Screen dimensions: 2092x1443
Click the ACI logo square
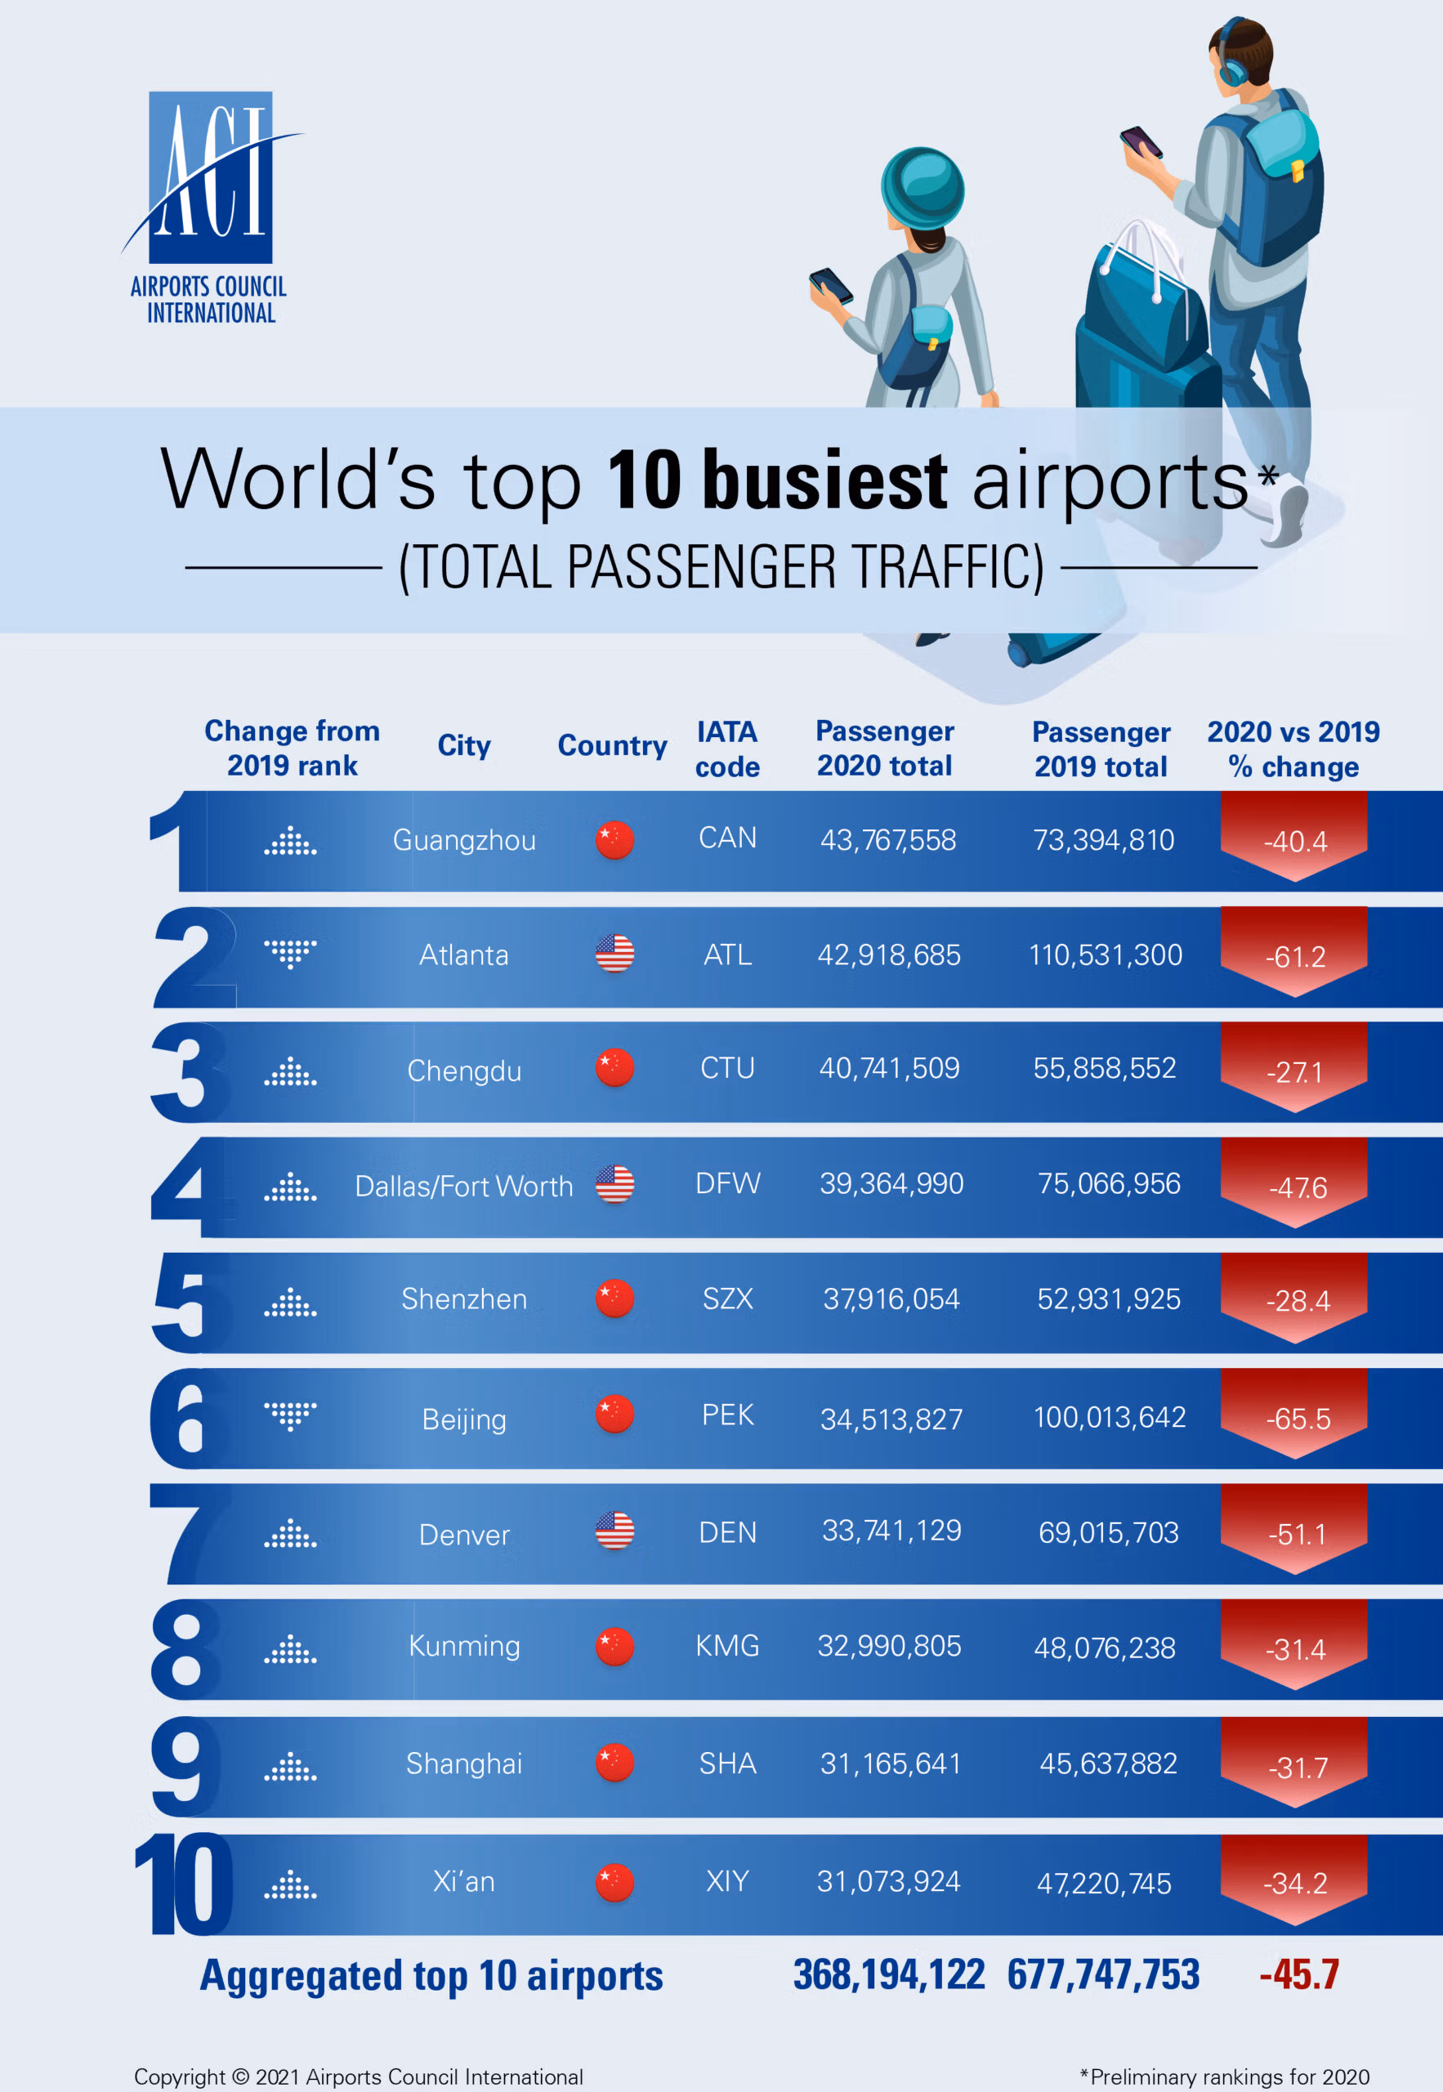pos(210,177)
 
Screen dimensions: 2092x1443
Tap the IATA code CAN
pos(727,838)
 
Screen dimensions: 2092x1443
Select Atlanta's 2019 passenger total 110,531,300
pos(1105,954)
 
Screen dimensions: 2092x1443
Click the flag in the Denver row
pos(614,1531)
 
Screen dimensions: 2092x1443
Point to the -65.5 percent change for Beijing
pos(1298,1419)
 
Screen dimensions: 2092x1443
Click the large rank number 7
pos(185,1533)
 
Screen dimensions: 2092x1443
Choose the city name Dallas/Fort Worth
pos(464,1185)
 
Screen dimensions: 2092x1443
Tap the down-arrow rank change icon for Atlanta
pos(290,953)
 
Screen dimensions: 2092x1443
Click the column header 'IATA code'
pos(727,749)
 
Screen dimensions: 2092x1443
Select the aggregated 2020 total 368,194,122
pos(889,1974)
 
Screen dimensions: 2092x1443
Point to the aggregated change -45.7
pos(1298,1974)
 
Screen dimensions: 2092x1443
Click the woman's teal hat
pos(923,188)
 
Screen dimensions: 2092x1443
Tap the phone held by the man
pos(1141,142)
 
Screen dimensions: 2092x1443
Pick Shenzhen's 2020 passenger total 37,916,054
pos(891,1299)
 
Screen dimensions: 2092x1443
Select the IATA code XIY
pos(727,1881)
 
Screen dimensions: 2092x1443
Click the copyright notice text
pos(358,2076)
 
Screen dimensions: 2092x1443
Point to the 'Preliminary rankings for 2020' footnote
pos(1225,2076)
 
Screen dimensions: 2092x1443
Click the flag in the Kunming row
pos(614,1647)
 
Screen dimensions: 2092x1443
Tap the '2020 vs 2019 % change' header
pos(1293,749)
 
